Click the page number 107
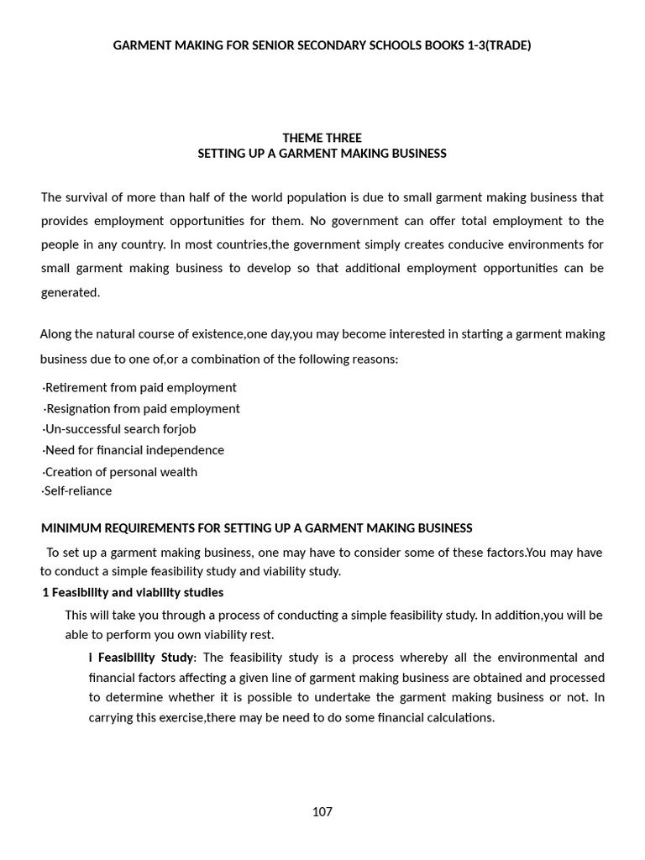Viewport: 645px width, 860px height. click(x=322, y=811)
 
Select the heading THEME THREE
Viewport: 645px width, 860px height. click(x=322, y=138)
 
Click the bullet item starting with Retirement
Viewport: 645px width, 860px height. click(x=139, y=387)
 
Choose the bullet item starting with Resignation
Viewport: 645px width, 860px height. click(x=141, y=408)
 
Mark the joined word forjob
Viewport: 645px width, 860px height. click(x=178, y=428)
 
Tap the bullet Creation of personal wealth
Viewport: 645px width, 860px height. click(x=120, y=471)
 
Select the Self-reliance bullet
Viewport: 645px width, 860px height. click(x=76, y=490)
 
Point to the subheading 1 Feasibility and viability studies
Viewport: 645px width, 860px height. click(x=133, y=592)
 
